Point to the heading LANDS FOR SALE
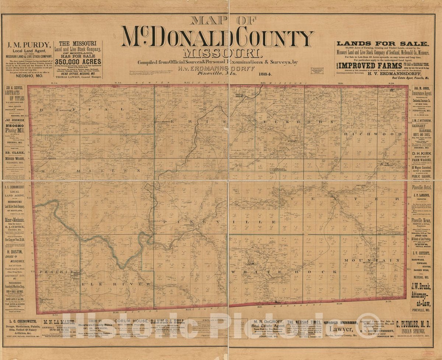click(x=383, y=43)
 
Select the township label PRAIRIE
click(x=53, y=272)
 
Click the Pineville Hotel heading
click(x=421, y=187)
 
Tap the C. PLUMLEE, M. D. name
click(x=413, y=324)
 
